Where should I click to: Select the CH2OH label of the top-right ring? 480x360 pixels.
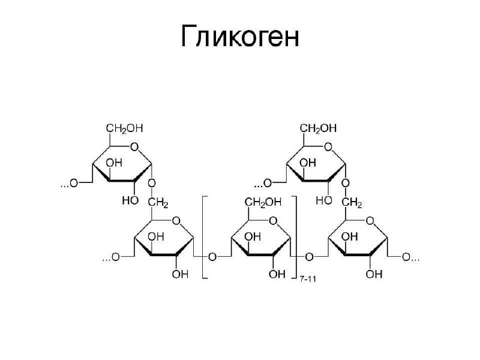(x=318, y=128)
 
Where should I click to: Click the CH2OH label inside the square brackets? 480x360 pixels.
(x=261, y=203)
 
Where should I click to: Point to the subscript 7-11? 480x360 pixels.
(x=308, y=278)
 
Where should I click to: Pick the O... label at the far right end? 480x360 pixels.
(x=411, y=257)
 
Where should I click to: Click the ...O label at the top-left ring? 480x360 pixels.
(x=70, y=182)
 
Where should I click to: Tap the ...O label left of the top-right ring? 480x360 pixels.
(x=264, y=182)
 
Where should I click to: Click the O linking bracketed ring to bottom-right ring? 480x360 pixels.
(x=309, y=257)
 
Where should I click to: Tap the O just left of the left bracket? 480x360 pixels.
(x=212, y=257)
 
